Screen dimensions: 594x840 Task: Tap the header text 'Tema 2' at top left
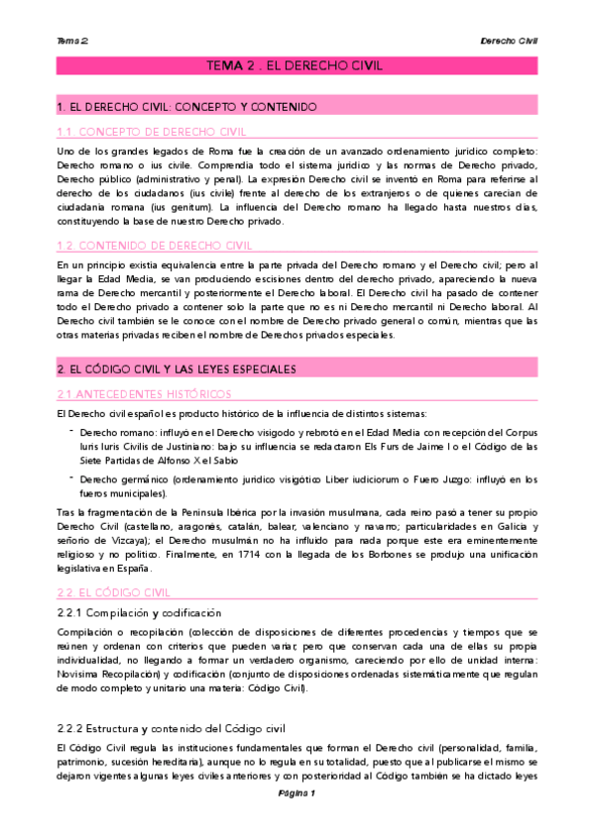tap(72, 41)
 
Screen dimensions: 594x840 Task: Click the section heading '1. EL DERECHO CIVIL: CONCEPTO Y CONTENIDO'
tap(186, 106)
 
